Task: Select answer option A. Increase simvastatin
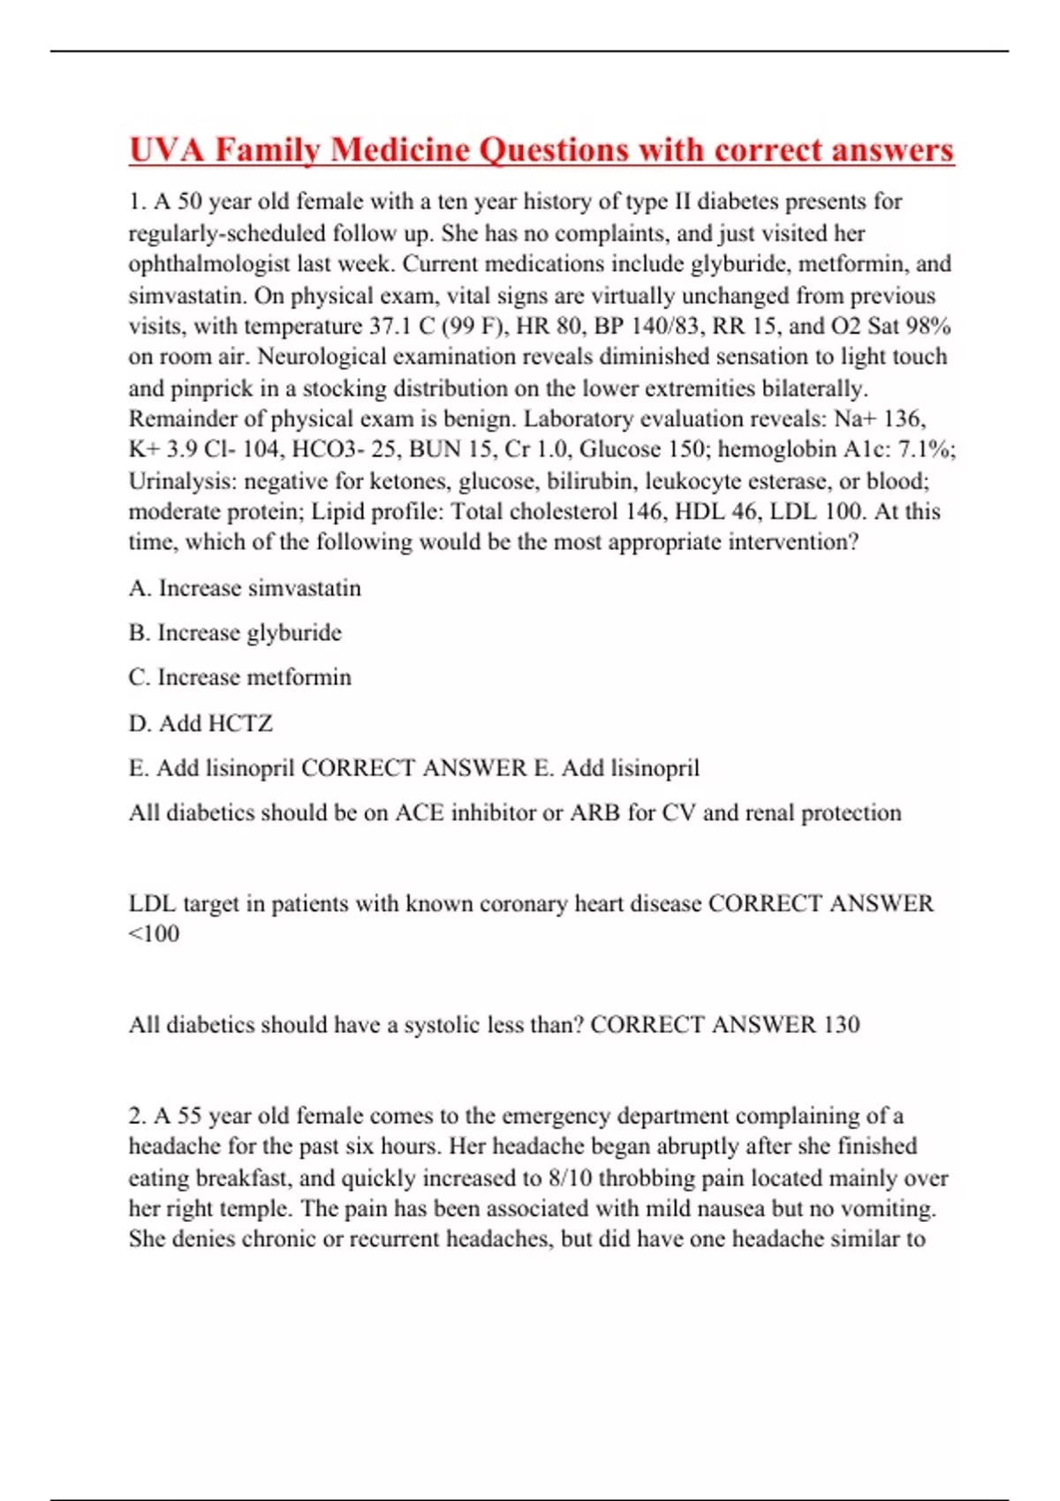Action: (245, 588)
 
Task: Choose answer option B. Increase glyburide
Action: (235, 633)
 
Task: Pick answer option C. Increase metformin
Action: (239, 677)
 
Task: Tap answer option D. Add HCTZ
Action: (201, 723)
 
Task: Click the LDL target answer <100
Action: (155, 933)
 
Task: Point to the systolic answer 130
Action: (841, 1024)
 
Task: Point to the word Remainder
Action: (185, 419)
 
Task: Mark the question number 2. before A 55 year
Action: (137, 1116)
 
